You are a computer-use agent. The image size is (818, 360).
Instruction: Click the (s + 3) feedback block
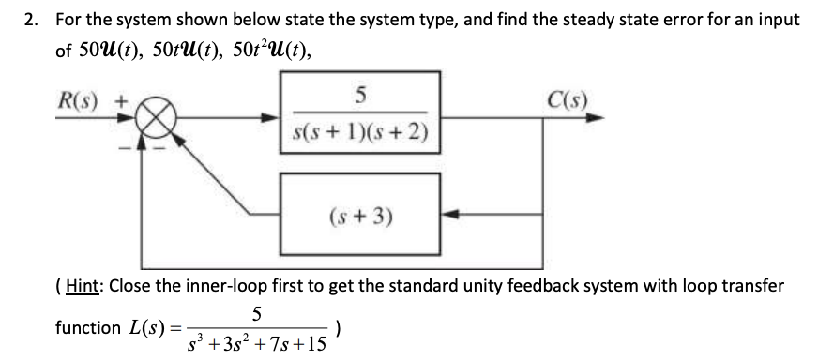click(x=360, y=216)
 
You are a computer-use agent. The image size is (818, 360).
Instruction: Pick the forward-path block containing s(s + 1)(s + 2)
click(x=360, y=118)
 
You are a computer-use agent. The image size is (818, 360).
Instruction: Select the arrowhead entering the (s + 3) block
click(x=447, y=215)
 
